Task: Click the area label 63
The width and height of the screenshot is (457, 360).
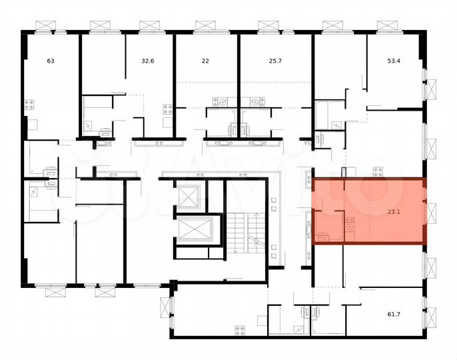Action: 51,61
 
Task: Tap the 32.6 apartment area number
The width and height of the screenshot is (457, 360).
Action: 148,61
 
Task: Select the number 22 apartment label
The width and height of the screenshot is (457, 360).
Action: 205,61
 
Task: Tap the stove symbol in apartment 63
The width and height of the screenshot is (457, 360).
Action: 29,104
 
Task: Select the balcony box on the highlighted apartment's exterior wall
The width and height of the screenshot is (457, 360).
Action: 430,212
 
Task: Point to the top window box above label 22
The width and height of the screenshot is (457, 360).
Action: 205,25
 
